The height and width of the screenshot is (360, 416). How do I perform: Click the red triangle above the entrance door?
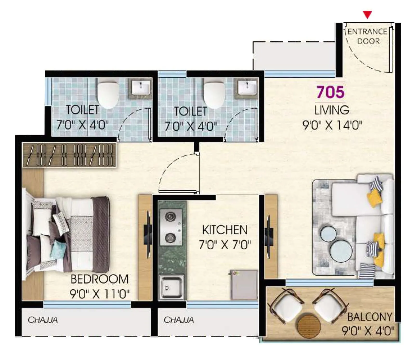click(x=367, y=15)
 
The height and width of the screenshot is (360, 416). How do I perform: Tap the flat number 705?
click(x=330, y=92)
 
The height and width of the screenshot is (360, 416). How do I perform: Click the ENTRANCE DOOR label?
click(x=368, y=36)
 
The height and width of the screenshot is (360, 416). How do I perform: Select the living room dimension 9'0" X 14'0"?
click(x=332, y=125)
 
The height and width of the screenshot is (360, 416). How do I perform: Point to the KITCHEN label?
click(x=225, y=230)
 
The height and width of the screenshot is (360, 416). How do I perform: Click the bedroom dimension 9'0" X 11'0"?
click(x=100, y=294)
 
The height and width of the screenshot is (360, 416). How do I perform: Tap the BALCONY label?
click(x=369, y=317)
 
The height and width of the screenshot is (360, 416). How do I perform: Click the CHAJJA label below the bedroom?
click(x=43, y=320)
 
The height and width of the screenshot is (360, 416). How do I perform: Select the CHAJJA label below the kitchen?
click(x=179, y=320)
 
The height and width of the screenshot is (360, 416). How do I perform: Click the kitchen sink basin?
click(x=171, y=287)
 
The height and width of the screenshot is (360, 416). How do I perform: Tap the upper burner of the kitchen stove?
click(x=170, y=216)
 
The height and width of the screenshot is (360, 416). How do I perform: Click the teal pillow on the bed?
click(x=58, y=249)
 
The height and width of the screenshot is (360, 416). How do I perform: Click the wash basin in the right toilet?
click(x=247, y=87)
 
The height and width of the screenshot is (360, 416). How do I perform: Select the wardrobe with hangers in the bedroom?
click(x=69, y=155)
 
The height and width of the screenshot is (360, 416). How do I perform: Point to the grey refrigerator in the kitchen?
click(x=244, y=285)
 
